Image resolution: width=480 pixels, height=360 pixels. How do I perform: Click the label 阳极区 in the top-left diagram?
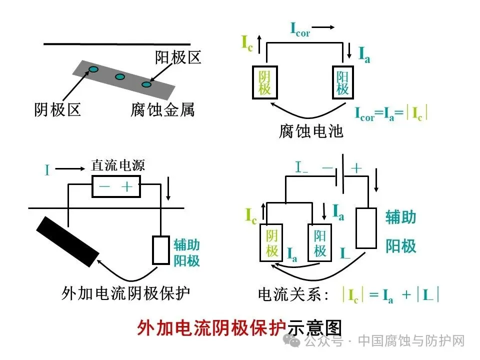(178, 58)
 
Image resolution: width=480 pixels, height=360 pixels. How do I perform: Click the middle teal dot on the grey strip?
(120, 77)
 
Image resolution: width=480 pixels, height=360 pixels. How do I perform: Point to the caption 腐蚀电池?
(311, 131)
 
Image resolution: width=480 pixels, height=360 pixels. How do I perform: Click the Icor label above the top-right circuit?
(300, 29)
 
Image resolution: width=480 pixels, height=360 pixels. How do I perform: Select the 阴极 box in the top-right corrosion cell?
(264, 83)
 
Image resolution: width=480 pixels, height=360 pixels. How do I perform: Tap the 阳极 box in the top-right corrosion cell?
(342, 83)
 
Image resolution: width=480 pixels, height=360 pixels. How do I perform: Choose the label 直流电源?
(117, 165)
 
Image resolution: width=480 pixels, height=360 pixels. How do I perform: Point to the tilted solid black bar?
(67, 241)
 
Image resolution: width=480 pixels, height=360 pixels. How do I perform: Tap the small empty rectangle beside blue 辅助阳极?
(161, 250)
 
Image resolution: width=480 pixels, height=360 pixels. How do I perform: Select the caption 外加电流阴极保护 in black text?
(125, 292)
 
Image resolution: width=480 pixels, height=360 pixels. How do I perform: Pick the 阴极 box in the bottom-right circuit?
(271, 243)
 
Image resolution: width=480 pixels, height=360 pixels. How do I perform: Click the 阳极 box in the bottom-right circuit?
(319, 243)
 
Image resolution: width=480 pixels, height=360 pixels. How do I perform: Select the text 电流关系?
(294, 294)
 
